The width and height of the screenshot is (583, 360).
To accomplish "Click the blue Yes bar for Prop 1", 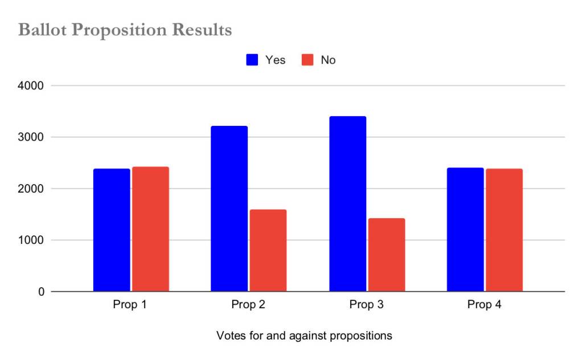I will pos(112,230).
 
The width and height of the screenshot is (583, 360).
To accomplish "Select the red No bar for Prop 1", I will pos(150,229).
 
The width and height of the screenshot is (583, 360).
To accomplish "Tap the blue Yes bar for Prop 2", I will pos(229,208).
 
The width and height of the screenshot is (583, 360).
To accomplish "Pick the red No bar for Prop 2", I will pos(268,251).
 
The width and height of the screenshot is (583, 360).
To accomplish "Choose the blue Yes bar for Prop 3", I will pos(347,204).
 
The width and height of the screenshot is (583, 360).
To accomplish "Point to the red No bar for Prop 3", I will pos(387,255).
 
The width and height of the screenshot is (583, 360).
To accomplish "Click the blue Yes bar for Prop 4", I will pos(465,230).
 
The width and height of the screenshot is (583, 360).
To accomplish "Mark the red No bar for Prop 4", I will pos(504,230).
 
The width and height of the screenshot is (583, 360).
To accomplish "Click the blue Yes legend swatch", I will pos(252,60).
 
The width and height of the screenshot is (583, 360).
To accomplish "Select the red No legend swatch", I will pos(307,60).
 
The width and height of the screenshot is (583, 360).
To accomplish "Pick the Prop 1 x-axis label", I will pos(130,305).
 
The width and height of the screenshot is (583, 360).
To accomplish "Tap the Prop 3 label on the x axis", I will pos(367,305).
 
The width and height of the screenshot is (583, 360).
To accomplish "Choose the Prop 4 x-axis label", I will pos(485,305).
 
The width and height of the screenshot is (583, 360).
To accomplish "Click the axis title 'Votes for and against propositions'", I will pos(304,336).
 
